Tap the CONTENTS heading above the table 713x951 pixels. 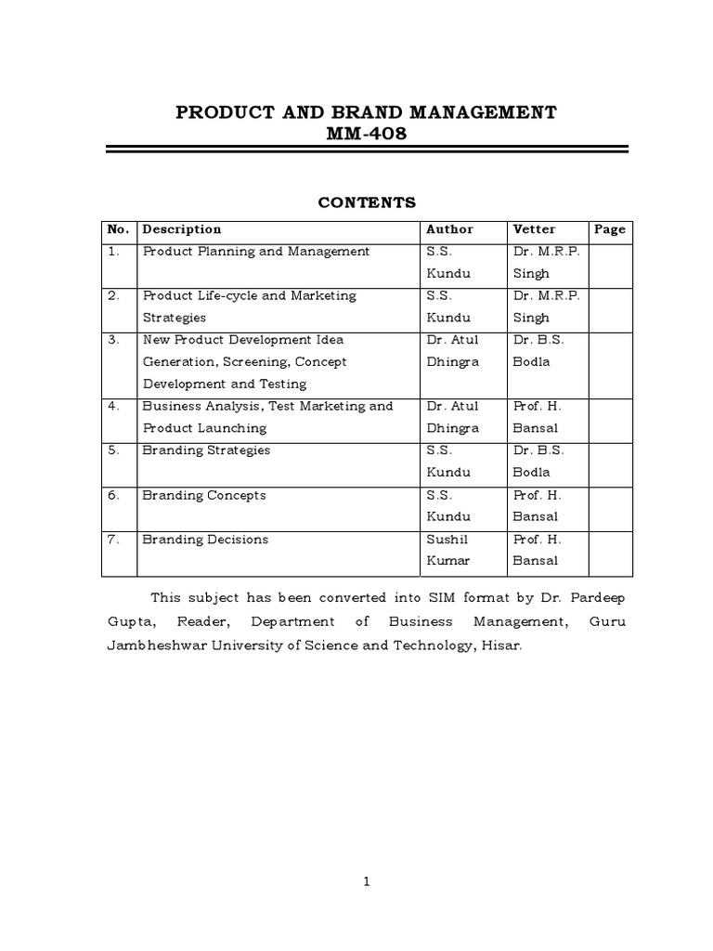[367, 202]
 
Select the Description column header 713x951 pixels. [182, 229]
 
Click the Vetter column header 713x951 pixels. [534, 229]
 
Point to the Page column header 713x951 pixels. [610, 229]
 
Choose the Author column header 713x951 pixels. [449, 229]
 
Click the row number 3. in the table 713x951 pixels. [114, 340]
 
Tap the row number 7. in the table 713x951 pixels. [114, 540]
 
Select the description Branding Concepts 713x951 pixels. [204, 495]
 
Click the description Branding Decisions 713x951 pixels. [205, 540]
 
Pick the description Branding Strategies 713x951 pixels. [206, 450]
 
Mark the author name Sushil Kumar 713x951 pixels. [449, 550]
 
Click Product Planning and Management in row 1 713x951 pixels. [256, 252]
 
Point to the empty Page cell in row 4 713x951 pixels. [610, 417]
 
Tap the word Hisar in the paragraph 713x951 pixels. [501, 645]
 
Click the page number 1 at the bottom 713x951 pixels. [367, 882]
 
